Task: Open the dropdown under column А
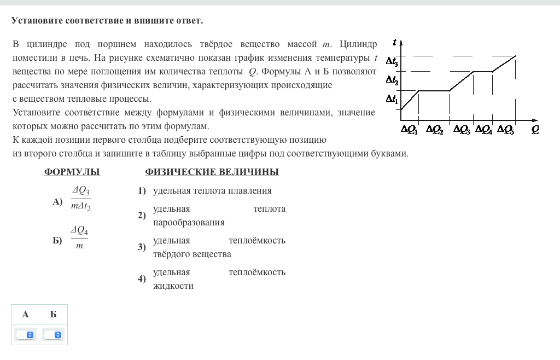pos(25,334)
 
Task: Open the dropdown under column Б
pos(53,334)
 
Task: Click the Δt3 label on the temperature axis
pos(392,61)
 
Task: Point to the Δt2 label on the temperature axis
pos(392,80)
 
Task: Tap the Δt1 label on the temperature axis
pos(392,99)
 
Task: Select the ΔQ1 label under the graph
pos(409,130)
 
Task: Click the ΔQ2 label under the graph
pos(434,130)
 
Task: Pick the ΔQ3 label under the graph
pos(462,130)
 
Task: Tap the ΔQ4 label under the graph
pos(484,130)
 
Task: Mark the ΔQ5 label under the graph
pos(505,130)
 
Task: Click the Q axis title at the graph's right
pos(535,130)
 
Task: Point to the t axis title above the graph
pos(395,42)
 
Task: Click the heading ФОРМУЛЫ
pos(72,172)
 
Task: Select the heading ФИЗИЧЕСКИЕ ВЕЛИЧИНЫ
pos(212,172)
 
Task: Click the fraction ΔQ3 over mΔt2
pos(81,198)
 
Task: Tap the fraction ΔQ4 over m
pos(79,238)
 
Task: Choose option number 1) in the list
pos(142,191)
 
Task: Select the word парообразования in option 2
pos(189,223)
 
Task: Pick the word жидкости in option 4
pos(173,286)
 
